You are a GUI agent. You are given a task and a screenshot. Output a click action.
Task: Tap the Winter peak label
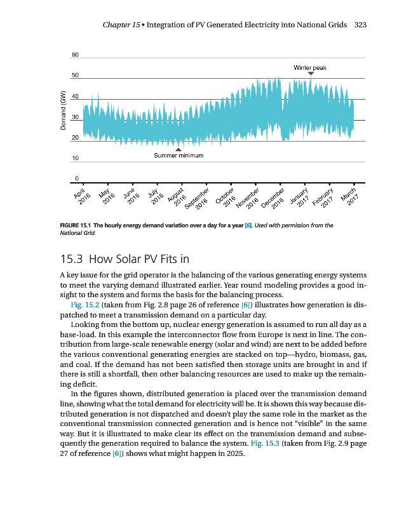pyautogui.click(x=310, y=67)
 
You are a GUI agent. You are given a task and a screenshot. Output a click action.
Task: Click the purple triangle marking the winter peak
pyautogui.click(x=311, y=74)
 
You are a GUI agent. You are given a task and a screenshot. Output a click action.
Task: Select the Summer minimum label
pyautogui.click(x=179, y=156)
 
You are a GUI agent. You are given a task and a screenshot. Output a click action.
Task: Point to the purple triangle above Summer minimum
pyautogui.click(x=178, y=149)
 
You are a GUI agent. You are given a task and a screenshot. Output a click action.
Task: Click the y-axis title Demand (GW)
pyautogui.click(x=63, y=111)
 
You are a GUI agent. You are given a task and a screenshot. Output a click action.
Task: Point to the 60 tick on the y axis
pyautogui.click(x=75, y=55)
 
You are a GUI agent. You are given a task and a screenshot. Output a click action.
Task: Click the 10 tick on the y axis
pyautogui.click(x=75, y=157)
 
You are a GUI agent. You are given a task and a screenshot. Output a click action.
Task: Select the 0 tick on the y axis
pyautogui.click(x=77, y=178)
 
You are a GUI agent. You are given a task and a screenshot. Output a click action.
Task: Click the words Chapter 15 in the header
pyautogui.click(x=121, y=25)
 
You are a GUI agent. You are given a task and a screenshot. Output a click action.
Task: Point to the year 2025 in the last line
pyautogui.click(x=232, y=453)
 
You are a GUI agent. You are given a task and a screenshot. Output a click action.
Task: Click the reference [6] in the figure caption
pyautogui.click(x=248, y=225)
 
